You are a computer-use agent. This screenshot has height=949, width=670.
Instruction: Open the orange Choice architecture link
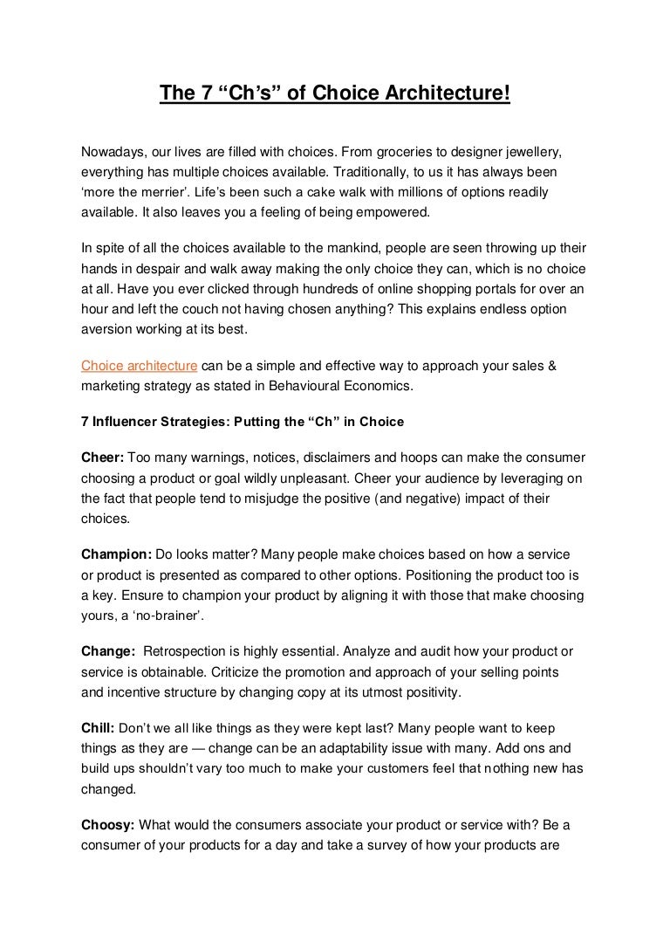[x=139, y=365]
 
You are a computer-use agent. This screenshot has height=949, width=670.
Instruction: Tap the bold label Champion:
[x=116, y=554]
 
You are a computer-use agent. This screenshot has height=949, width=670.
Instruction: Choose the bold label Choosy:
[x=108, y=823]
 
